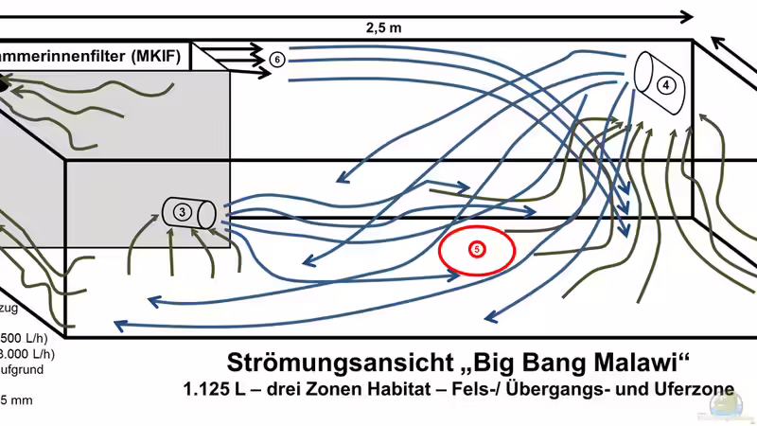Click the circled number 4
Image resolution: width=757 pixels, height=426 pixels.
point(666,85)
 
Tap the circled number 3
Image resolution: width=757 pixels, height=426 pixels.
point(181,212)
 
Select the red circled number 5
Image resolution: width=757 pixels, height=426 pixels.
point(477,249)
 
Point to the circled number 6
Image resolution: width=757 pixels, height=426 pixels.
point(276,59)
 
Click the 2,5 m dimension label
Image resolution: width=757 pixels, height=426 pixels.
point(384,27)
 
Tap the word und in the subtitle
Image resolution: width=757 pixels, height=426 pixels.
point(615,390)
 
